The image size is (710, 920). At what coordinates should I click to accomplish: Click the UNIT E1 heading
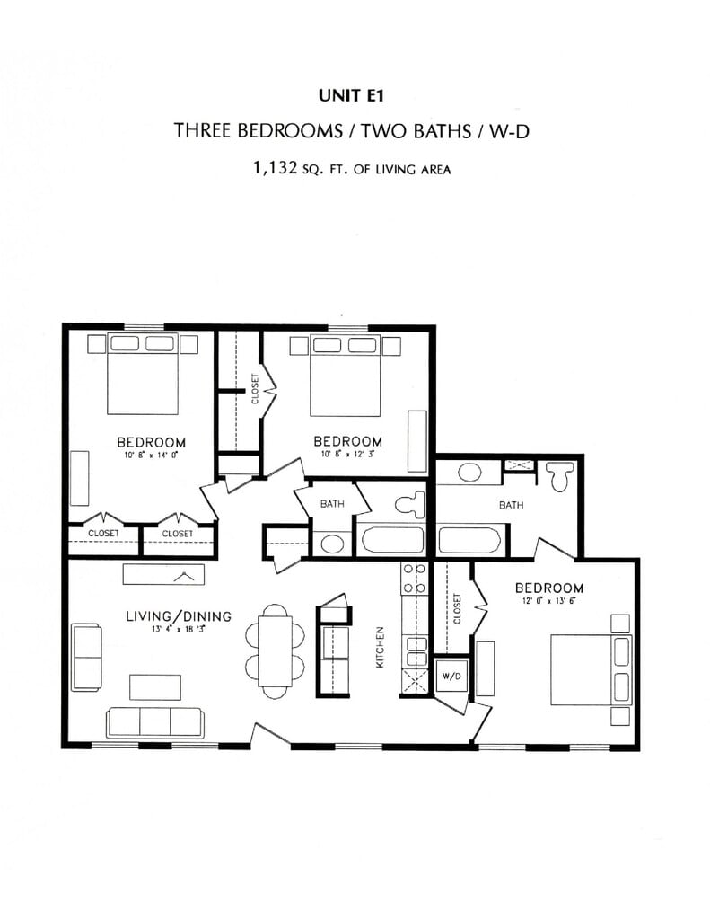(x=351, y=95)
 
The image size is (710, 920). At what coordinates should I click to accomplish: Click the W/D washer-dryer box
(x=451, y=677)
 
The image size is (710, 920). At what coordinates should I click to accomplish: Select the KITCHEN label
(x=380, y=647)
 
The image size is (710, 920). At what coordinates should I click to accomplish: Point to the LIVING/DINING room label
(x=179, y=616)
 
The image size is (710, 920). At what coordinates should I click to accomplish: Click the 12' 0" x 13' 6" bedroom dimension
(x=548, y=601)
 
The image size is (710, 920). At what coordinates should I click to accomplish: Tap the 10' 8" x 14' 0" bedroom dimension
(x=151, y=455)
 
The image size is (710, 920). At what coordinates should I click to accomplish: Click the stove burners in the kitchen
(x=413, y=578)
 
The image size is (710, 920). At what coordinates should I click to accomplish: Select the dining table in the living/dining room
(x=275, y=651)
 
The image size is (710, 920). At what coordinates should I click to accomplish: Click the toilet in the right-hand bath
(x=559, y=476)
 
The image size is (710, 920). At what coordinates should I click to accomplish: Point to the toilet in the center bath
(x=409, y=505)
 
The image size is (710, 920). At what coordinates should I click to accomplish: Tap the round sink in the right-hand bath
(x=469, y=473)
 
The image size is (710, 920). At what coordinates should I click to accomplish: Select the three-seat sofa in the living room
(x=154, y=723)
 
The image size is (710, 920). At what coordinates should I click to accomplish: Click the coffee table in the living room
(x=155, y=687)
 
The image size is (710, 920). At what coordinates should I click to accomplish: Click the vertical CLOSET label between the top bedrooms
(x=254, y=389)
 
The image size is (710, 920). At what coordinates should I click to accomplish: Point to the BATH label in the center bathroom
(x=332, y=504)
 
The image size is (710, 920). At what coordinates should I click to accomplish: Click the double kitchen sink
(x=416, y=651)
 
